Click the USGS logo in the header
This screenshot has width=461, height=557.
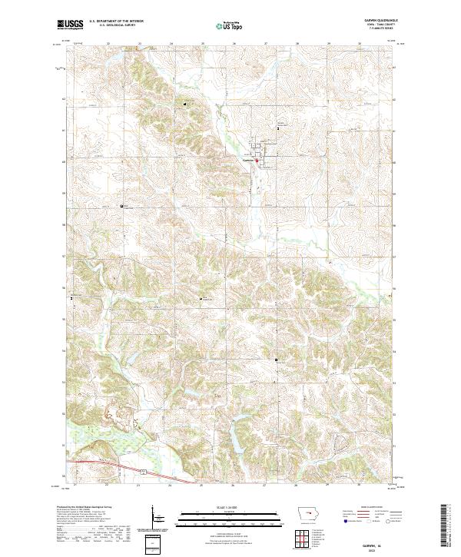click(x=70, y=25)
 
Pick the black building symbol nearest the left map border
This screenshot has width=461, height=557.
click(x=72, y=297)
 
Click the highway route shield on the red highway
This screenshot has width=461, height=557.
click(x=143, y=470)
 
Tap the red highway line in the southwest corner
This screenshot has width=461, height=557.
click(x=100, y=463)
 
